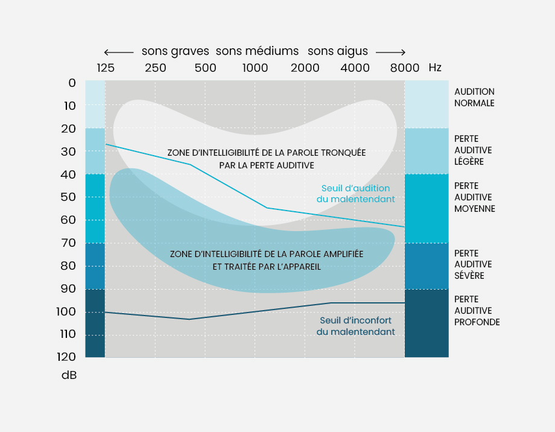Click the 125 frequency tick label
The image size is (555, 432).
click(x=106, y=68)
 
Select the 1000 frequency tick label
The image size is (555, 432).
click(x=255, y=68)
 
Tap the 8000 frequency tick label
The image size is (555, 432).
click(x=404, y=68)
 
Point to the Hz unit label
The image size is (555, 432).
click(x=435, y=68)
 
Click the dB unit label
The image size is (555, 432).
click(x=69, y=375)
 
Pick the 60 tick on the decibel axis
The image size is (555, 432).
click(x=68, y=220)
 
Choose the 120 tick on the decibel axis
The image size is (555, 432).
click(x=66, y=357)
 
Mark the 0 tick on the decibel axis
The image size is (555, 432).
click(x=72, y=83)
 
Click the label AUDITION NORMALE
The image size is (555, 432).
click(x=474, y=97)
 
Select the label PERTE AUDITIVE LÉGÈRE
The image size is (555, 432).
click(x=473, y=150)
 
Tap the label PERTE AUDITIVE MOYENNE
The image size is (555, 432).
click(x=474, y=197)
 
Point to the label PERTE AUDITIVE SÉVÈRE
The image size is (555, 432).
click(x=473, y=264)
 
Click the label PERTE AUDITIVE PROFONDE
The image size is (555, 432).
click(x=477, y=311)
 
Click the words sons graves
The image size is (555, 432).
click(x=175, y=51)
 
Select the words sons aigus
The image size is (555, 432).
click(x=338, y=51)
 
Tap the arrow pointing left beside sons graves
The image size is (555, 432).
click(x=118, y=52)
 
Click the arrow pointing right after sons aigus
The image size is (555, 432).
click(x=390, y=52)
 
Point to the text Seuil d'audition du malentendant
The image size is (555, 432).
click(x=355, y=193)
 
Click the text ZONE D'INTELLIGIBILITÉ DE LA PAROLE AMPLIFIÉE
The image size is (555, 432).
click(x=267, y=254)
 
